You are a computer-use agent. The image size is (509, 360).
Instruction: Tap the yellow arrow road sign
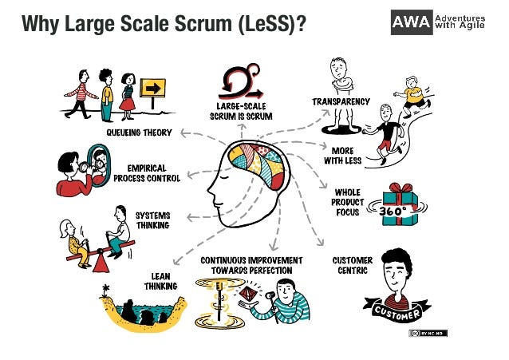[152, 88]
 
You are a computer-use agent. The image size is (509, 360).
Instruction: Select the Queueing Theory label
[140, 132]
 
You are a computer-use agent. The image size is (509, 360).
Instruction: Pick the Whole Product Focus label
[349, 202]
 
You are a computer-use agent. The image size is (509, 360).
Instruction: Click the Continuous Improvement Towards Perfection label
[251, 265]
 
